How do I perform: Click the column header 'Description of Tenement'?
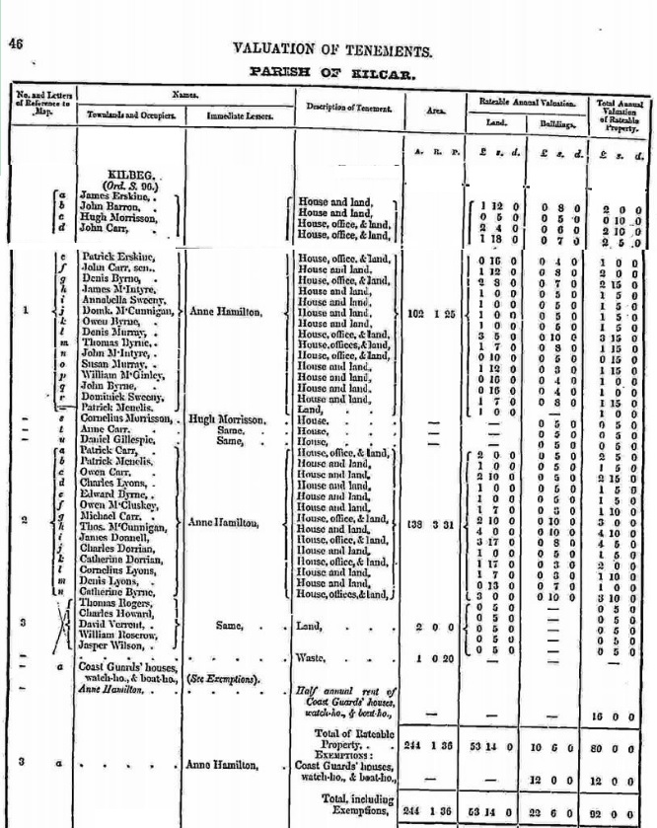346,107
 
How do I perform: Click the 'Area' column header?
436,111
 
